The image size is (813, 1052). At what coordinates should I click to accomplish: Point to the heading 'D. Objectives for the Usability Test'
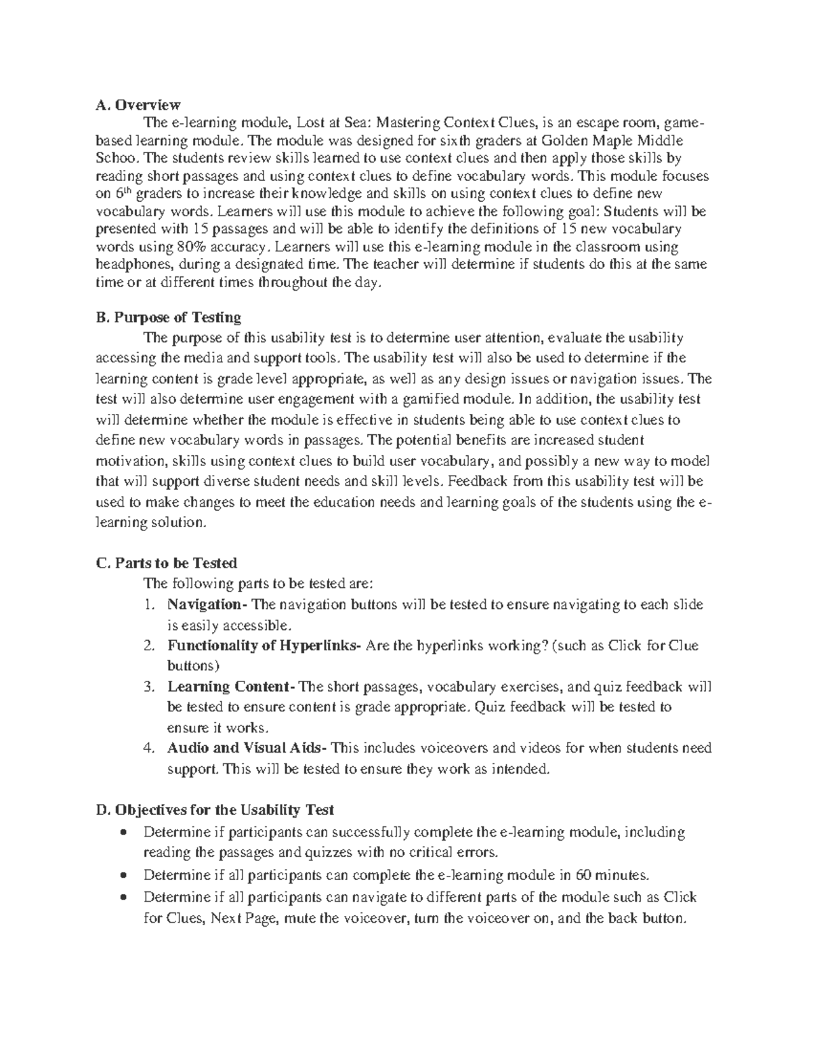click(215, 809)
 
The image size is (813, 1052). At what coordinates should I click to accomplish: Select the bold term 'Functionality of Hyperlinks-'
click(264, 646)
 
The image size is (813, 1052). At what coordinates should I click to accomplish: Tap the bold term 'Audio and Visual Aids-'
click(249, 749)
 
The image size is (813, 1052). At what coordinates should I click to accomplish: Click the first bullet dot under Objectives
click(123, 833)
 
